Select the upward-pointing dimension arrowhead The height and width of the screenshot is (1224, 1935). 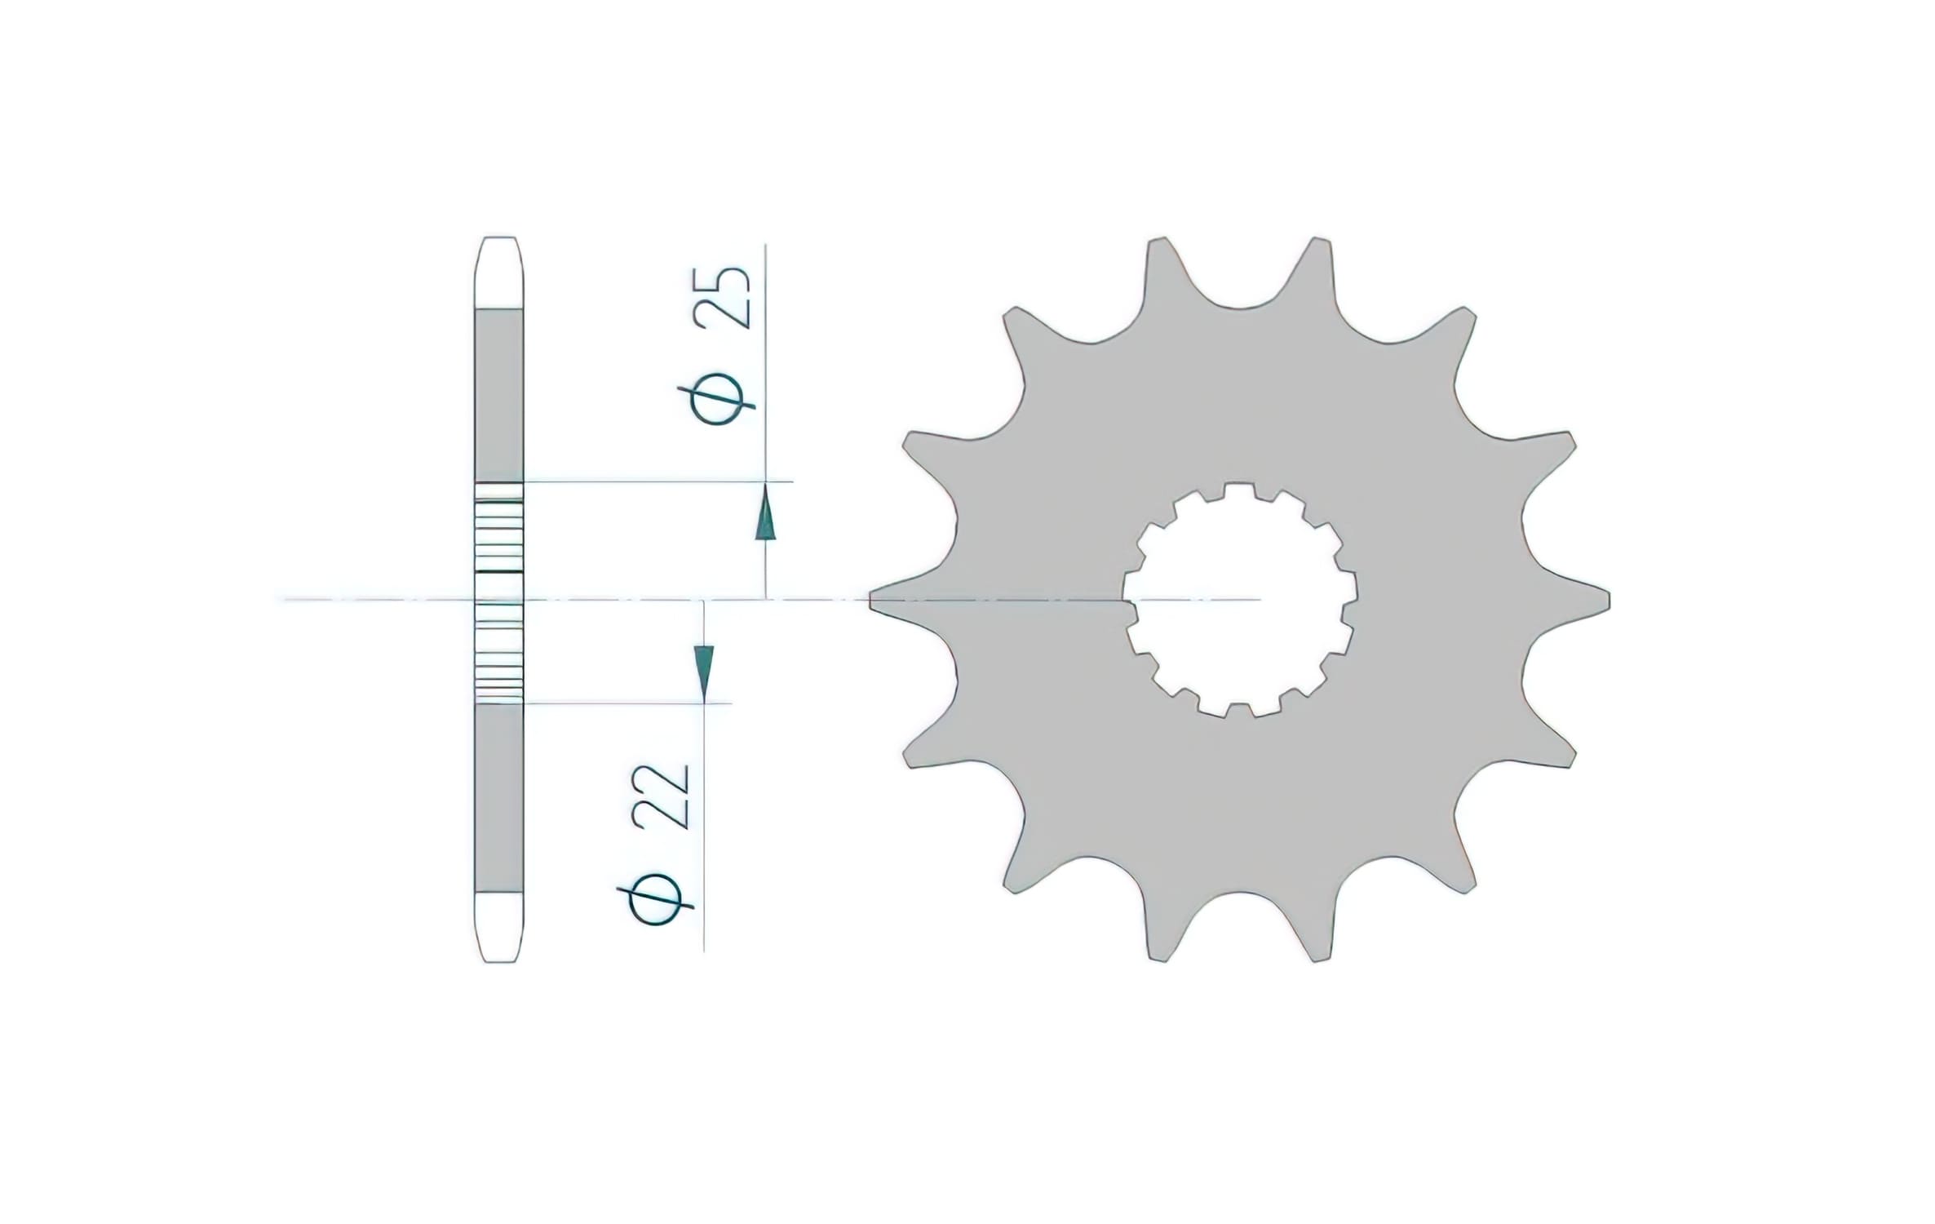tap(764, 513)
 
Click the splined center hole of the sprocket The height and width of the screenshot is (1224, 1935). tap(1239, 600)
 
